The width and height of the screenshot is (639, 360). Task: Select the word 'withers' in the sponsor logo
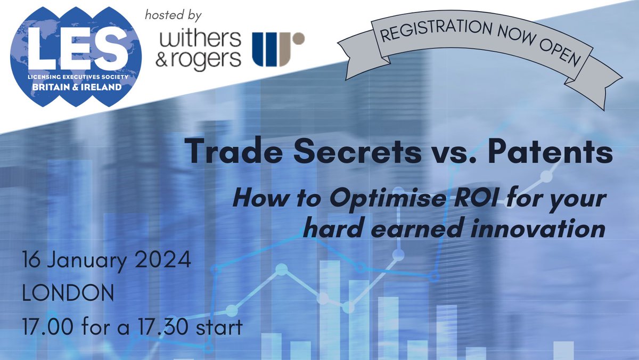tap(198, 40)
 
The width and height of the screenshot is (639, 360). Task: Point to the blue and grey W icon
tap(277, 49)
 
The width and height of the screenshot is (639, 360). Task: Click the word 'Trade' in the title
tap(232, 153)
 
